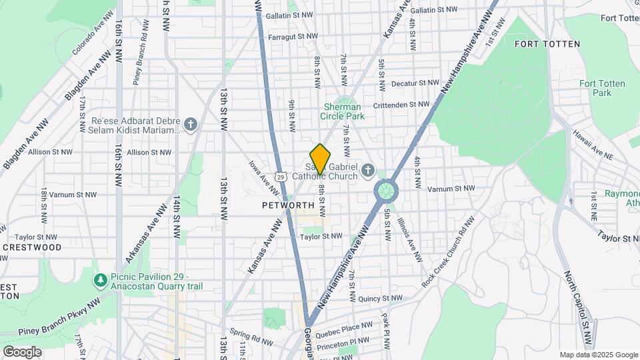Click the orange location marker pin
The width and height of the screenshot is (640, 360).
pos(321,159)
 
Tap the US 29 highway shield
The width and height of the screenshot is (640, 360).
pos(282,176)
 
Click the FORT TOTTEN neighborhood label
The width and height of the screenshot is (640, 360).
pos(547,44)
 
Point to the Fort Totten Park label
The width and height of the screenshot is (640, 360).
pos(595,88)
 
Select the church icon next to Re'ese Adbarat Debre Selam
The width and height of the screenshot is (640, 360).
pos(191,125)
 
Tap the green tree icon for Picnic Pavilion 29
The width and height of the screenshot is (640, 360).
pos(100,279)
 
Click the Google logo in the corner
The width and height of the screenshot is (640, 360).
pos(22,351)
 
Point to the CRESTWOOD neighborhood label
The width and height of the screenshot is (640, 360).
pos(32,247)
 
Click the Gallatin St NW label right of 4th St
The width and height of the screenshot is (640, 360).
pos(435,10)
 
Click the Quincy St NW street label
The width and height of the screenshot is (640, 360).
pos(380,299)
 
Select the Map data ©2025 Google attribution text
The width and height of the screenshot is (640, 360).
pos(598,355)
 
